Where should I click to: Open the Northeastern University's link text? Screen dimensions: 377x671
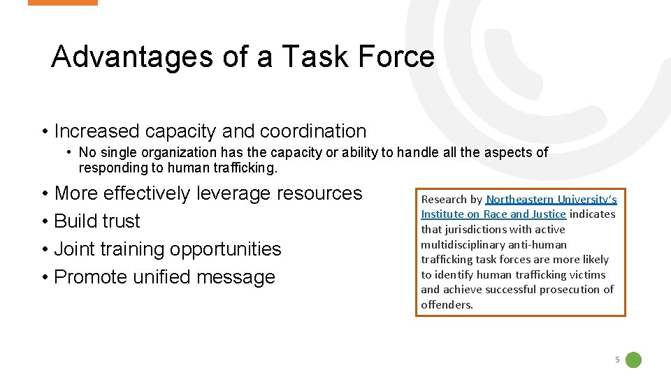[551, 199]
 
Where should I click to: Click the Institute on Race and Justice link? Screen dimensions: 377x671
[493, 214]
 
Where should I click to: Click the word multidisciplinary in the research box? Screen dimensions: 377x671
[464, 244]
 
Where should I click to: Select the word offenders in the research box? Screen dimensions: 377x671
[446, 304]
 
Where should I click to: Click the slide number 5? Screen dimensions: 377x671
[617, 360]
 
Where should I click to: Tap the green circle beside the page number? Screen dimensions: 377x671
[633, 360]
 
